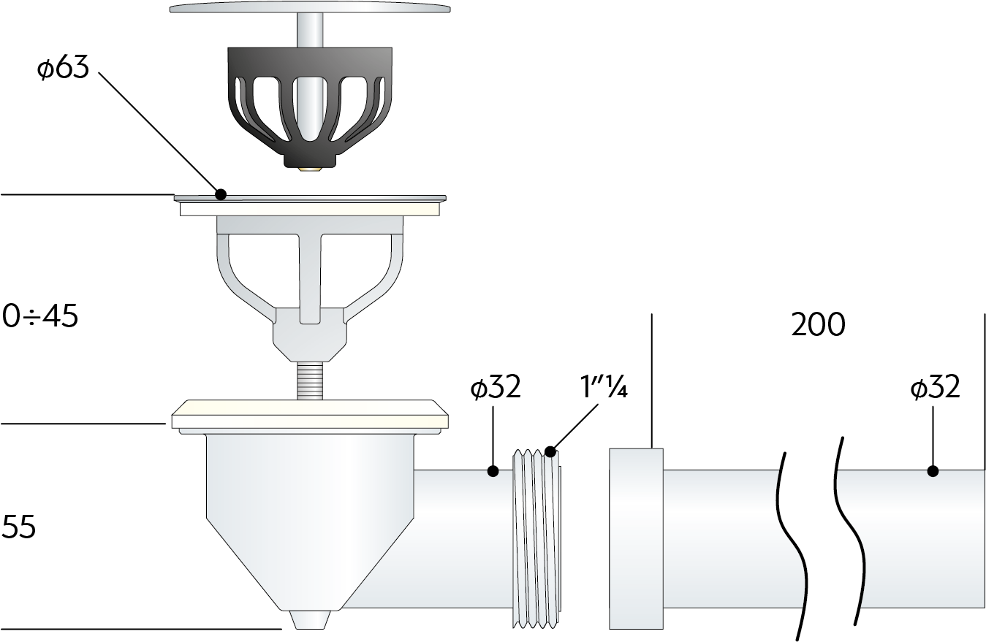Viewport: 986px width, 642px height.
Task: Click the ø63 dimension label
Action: tap(64, 68)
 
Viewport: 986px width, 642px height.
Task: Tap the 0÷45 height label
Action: tap(40, 316)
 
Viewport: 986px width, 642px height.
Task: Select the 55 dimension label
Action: tap(18, 527)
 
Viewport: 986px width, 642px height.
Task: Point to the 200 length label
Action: tap(818, 325)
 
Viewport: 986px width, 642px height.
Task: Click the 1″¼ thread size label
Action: tap(604, 387)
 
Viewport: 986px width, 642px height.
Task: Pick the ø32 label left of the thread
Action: tap(496, 387)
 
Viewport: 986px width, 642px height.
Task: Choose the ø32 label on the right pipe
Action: tap(935, 387)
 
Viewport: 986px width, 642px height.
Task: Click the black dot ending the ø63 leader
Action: tap(221, 194)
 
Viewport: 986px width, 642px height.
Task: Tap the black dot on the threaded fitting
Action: tap(550, 451)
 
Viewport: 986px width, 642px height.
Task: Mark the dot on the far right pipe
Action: tap(933, 471)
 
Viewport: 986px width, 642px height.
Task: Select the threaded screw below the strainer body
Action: tap(310, 381)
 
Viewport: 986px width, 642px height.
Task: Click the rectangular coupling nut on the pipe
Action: tap(636, 539)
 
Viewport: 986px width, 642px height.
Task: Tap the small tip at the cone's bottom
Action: tap(310, 619)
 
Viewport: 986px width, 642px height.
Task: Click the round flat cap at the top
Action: tap(310, 8)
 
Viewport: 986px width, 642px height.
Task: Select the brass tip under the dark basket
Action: tap(310, 169)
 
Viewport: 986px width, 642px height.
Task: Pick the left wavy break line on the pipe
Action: tap(794, 546)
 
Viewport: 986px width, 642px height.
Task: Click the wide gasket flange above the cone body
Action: tap(310, 414)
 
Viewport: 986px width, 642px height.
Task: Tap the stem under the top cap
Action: tap(310, 30)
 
